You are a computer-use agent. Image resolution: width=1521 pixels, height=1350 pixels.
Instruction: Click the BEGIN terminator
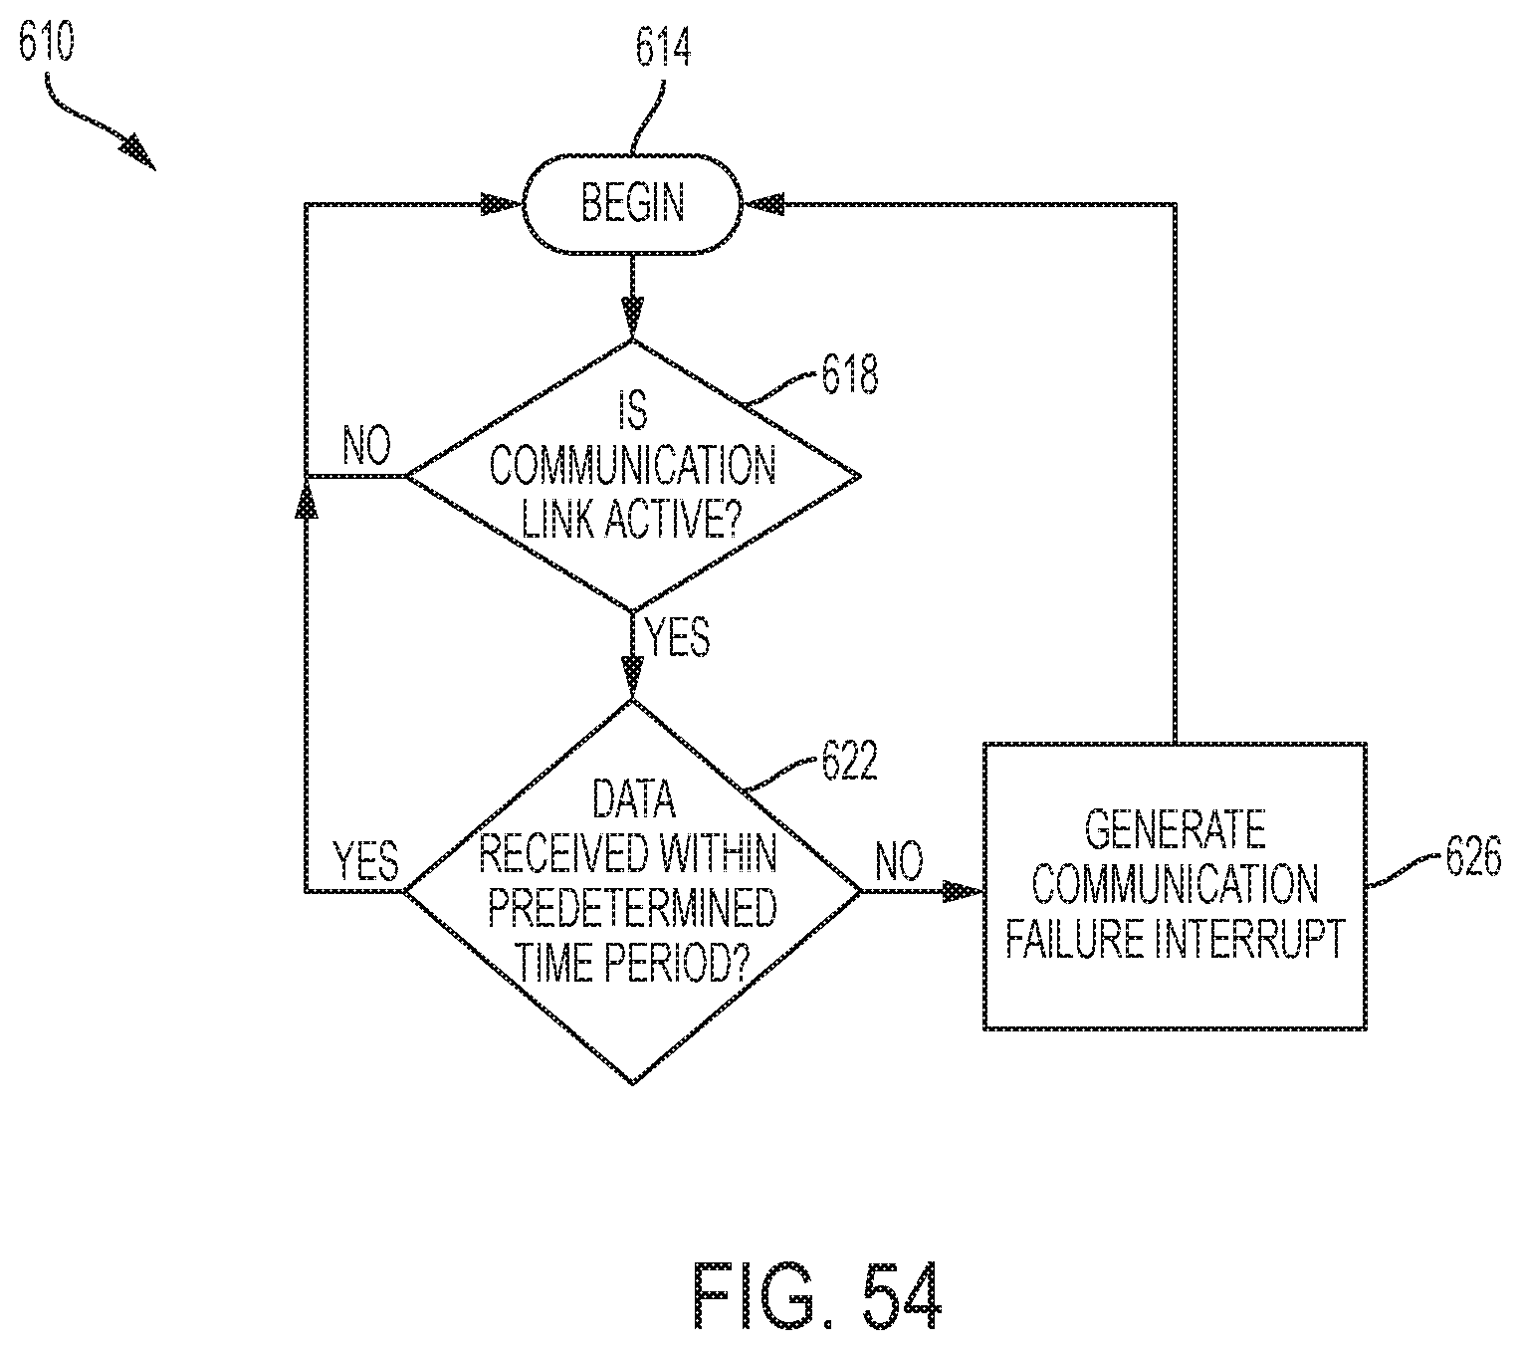click(x=633, y=204)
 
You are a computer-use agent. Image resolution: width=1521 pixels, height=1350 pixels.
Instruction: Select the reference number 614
click(x=663, y=50)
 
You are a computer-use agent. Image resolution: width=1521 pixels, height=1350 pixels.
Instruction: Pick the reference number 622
click(x=849, y=763)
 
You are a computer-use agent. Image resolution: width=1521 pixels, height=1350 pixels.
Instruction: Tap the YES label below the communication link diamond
click(x=678, y=636)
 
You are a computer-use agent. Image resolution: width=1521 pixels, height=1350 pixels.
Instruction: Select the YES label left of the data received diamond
click(x=366, y=860)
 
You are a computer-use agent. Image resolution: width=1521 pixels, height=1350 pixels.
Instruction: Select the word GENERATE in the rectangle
click(x=1175, y=829)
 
